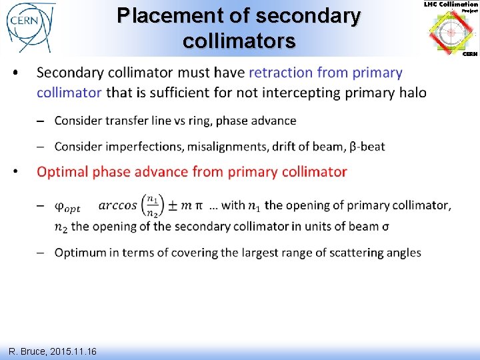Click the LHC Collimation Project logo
[451, 30]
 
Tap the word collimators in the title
[239, 41]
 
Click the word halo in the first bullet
[412, 93]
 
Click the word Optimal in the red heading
[62, 172]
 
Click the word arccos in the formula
[117, 205]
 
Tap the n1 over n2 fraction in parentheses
[153, 205]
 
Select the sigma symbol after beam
[385, 226]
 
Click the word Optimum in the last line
[81, 253]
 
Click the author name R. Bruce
[27, 351]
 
